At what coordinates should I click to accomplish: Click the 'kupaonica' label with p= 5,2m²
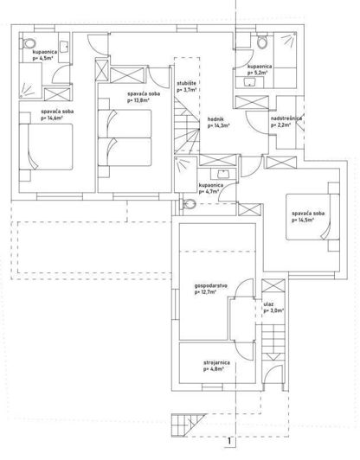[260, 66]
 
